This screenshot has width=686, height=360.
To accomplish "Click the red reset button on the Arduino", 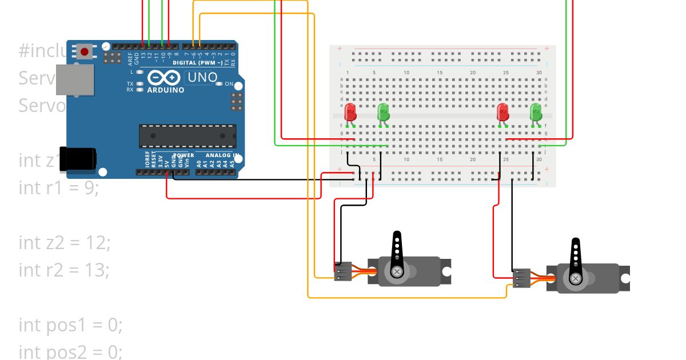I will pos(85,52).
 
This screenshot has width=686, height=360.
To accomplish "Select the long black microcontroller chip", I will pos(188,136).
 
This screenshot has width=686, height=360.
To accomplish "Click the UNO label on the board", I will pos(202,77).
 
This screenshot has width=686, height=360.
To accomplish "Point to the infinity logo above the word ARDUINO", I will pos(165,78).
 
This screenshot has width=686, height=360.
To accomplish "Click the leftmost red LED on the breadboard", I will pos(350,111).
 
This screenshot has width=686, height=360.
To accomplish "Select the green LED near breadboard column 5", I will pos(384,111).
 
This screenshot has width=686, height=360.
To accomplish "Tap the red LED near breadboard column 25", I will pos(503,111).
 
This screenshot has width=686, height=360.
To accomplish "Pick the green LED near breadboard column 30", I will pos(536,111).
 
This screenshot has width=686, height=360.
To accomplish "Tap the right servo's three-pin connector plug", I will pos(521,278).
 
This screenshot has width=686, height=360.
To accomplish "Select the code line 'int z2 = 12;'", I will pos(64,242).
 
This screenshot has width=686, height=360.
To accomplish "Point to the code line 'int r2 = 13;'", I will pos(63,269).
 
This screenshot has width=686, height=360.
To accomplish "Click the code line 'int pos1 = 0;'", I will pos(70,324).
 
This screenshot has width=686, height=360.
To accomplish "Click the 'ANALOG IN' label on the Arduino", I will pos(216,155).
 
